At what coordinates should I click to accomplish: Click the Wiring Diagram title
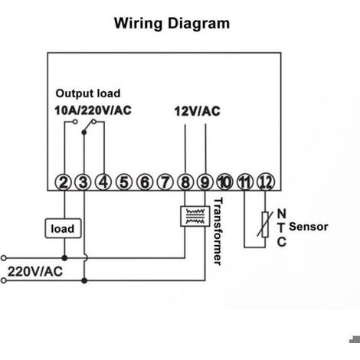coord(172,24)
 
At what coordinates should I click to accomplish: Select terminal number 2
coord(64,182)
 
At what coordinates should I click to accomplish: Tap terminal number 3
coord(83,182)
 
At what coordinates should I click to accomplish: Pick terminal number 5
coord(124,182)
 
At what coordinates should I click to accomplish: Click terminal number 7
coord(165,182)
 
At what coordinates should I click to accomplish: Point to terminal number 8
coord(185,182)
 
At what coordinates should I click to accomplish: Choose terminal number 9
coord(205,182)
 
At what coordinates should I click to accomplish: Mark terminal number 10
coord(224,182)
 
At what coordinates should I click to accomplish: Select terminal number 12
coord(266,182)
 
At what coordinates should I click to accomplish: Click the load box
coord(63,228)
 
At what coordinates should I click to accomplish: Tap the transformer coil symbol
coord(195,216)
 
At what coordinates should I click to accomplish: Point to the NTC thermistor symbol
coord(265,224)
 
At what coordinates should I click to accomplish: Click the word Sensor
coord(309,227)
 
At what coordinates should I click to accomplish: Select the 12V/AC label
coord(197,111)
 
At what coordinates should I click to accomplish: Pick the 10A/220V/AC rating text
coord(93,110)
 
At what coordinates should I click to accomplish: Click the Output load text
coord(88,93)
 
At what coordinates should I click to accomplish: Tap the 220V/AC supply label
coord(35,271)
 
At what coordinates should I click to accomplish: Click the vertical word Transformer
coord(218,231)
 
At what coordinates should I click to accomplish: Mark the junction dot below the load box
coord(64,258)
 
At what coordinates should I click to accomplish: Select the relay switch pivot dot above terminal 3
coord(84,133)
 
